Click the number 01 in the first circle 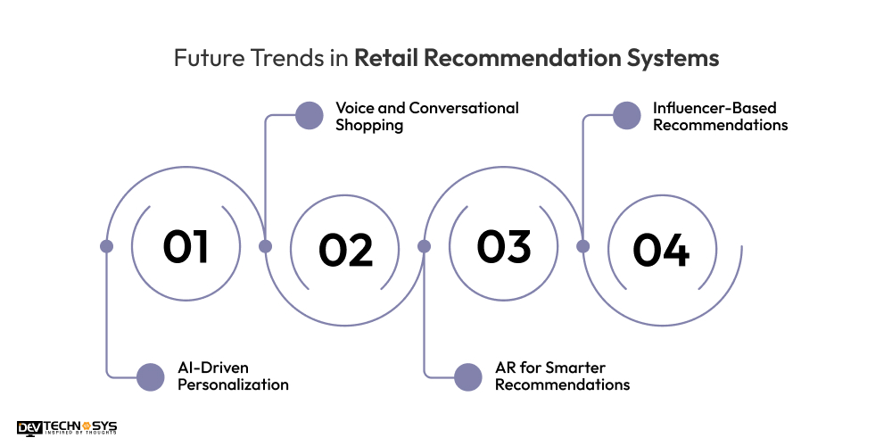186,246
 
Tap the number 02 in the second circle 346,250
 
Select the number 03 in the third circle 504,246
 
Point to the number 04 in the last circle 661,250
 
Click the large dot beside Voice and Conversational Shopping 309,115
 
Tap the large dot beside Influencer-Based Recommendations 627,115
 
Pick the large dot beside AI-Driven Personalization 151,376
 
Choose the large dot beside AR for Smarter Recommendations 467,376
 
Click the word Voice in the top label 354,108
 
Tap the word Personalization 233,385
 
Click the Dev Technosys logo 67,429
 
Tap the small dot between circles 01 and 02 265,246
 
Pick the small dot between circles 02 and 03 424,246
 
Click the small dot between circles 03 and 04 582,246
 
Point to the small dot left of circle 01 106,246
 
